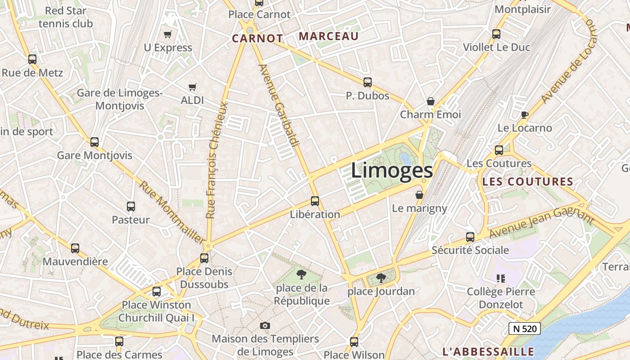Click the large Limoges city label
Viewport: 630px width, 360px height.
tap(391, 171)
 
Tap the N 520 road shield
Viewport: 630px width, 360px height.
tap(525, 328)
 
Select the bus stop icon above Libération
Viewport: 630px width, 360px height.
tap(315, 201)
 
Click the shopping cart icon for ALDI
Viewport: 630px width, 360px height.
tap(193, 87)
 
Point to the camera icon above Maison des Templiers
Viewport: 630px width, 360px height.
tap(265, 325)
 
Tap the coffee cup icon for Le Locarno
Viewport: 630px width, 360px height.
tap(524, 115)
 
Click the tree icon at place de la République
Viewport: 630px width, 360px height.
tap(301, 274)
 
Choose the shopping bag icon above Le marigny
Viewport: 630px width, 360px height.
tap(419, 195)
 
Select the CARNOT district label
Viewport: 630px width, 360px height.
tap(257, 39)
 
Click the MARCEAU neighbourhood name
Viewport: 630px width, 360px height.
tap(329, 36)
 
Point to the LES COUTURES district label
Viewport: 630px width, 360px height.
tap(527, 182)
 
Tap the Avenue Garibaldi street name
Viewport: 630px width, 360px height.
tap(279, 105)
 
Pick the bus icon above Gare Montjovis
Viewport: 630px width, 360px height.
tap(94, 142)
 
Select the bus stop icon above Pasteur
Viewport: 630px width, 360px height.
tap(131, 207)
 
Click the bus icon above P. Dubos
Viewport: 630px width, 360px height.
tap(368, 82)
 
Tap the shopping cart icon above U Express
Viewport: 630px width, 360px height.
tap(168, 34)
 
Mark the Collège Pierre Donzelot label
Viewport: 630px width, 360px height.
tap(501, 298)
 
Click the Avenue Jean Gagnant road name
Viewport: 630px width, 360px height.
tap(541, 224)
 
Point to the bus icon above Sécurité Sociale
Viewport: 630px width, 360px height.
tap(470, 237)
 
